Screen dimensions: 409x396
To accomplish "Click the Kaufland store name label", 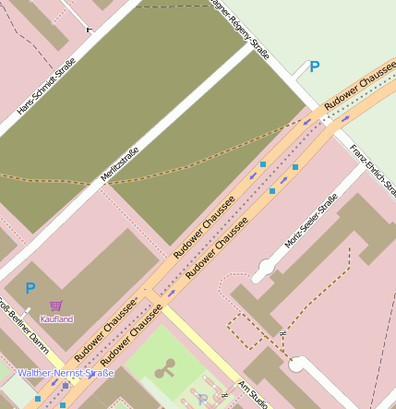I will point(55,319).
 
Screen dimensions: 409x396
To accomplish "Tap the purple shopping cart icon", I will point(55,306).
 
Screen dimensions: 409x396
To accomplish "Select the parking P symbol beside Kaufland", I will point(30,288).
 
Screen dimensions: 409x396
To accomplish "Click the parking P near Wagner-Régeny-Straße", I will point(314,66).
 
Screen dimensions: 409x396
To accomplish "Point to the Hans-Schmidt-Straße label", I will point(46,87).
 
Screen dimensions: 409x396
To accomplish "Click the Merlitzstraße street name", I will point(119,163).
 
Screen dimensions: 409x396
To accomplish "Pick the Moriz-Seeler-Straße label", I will point(311,223).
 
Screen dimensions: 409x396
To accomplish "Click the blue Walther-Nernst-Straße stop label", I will point(66,373).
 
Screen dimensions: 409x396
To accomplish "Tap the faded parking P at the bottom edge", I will point(202,400).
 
